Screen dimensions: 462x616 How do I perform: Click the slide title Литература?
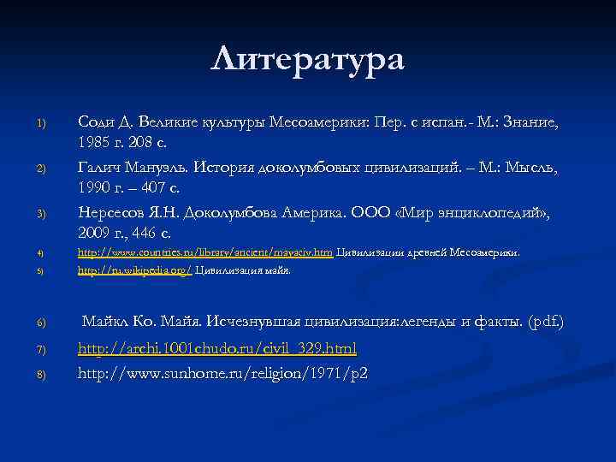click(307, 60)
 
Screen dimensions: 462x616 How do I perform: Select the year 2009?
click(96, 232)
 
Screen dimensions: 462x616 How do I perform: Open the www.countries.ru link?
click(205, 252)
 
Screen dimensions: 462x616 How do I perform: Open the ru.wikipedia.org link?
click(135, 270)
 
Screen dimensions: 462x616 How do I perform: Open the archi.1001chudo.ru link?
click(217, 349)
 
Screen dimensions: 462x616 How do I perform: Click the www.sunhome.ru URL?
click(222, 373)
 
